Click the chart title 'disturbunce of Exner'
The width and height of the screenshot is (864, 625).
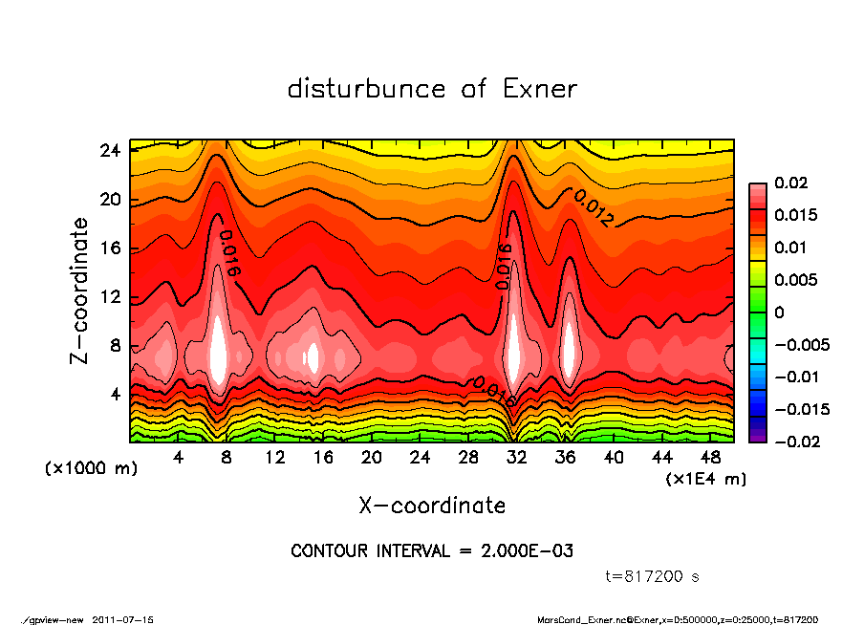432,89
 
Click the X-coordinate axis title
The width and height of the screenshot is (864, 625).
432,505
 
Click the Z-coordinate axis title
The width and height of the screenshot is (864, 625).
80,290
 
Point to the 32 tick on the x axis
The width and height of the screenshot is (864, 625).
517,457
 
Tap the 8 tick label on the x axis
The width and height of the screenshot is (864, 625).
227,457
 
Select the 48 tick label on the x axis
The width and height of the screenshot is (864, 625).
710,457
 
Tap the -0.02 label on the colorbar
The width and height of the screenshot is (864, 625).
795,442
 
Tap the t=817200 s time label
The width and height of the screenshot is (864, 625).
653,576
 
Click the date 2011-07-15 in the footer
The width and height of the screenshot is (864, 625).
123,619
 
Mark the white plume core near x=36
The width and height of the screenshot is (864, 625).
569,350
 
